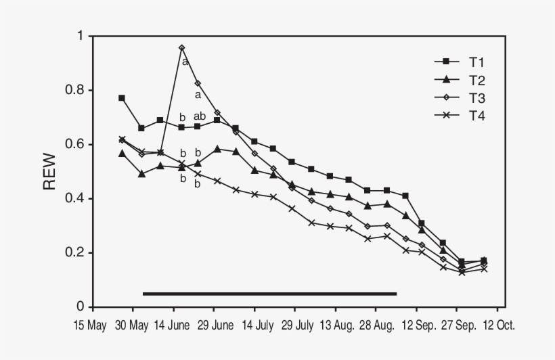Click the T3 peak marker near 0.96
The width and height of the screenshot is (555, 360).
(x=182, y=48)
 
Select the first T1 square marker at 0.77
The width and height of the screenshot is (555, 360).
(x=122, y=98)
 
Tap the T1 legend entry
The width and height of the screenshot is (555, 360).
(x=460, y=62)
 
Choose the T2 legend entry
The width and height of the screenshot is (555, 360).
(x=460, y=81)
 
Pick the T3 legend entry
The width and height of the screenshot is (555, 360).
(x=460, y=98)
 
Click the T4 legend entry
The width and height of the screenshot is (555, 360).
(x=460, y=116)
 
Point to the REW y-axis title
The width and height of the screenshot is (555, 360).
(x=49, y=171)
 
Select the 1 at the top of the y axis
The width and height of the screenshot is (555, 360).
(x=81, y=36)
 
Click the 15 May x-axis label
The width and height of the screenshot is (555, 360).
(x=90, y=325)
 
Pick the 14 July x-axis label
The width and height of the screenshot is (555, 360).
(x=258, y=325)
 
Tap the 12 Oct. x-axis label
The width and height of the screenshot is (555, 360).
(x=499, y=325)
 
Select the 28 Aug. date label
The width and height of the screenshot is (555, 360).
(x=377, y=325)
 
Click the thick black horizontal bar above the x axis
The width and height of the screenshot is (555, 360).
(x=269, y=294)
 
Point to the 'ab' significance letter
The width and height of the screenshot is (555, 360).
(x=200, y=116)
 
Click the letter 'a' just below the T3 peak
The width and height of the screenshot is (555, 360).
(x=185, y=62)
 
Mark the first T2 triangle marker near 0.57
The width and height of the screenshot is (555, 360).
(x=122, y=154)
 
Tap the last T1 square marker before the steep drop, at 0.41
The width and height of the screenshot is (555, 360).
(x=405, y=196)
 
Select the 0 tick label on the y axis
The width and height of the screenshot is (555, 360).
(x=81, y=307)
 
